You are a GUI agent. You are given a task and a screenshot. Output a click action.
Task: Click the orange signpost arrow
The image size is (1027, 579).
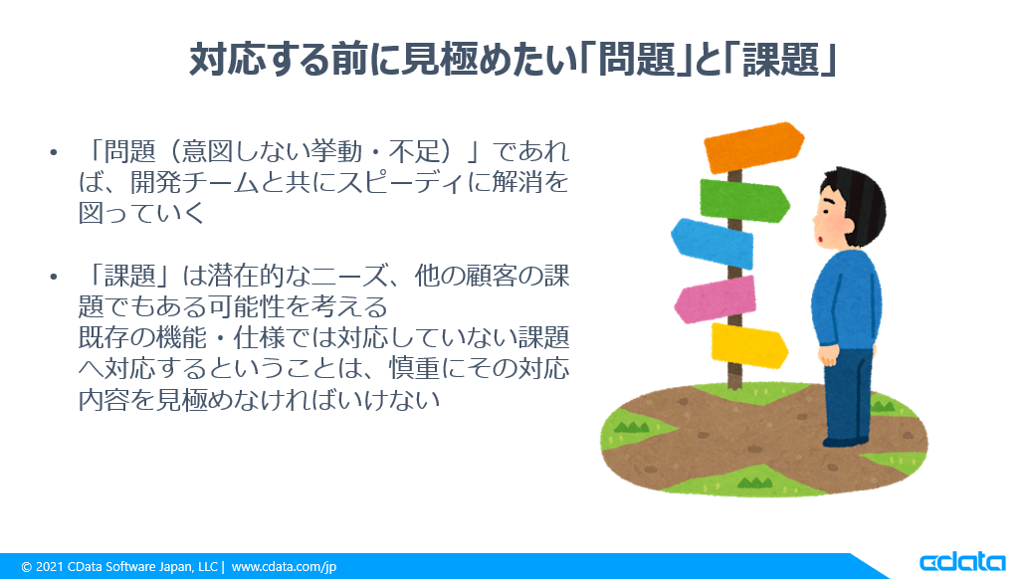(753, 146)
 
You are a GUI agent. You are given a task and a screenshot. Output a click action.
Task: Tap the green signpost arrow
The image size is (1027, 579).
(744, 200)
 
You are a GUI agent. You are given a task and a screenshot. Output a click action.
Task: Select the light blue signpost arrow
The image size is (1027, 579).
(712, 243)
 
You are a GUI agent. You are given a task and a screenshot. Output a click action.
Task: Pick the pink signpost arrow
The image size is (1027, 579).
(715, 298)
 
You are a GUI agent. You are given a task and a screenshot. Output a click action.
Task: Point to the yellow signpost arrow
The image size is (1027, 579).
(749, 345)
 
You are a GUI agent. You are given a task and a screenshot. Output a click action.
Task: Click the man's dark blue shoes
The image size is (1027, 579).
(846, 441)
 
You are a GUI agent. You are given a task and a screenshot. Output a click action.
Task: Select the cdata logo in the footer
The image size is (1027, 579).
(962, 563)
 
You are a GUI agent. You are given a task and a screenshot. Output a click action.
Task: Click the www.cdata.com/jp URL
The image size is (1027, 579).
(284, 566)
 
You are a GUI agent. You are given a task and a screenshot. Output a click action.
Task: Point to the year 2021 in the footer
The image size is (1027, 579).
(49, 566)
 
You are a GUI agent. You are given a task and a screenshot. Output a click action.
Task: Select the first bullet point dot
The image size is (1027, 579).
(53, 153)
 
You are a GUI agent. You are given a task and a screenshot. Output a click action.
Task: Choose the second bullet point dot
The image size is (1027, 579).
(53, 277)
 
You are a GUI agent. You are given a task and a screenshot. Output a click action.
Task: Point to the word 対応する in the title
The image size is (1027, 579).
(259, 60)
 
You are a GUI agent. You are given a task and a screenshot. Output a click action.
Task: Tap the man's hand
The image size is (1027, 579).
(829, 355)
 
